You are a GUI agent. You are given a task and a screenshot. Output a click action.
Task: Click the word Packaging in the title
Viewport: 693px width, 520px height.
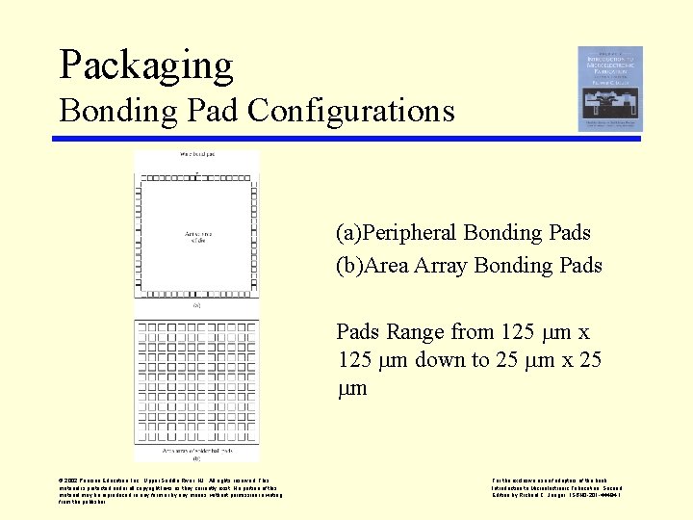[146, 65]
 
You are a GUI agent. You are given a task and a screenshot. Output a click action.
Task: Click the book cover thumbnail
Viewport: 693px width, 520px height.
[609, 89]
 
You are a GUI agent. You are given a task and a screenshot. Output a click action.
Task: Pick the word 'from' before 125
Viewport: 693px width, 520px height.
[473, 332]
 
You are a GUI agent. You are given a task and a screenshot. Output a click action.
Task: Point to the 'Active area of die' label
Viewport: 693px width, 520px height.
[196, 237]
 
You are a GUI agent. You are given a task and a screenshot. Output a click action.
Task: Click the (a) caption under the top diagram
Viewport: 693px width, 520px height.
[196, 306]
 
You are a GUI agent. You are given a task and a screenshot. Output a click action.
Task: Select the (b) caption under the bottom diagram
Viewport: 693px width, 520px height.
[196, 457]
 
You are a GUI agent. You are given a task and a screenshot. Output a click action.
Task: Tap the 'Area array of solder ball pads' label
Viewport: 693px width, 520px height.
[196, 450]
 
